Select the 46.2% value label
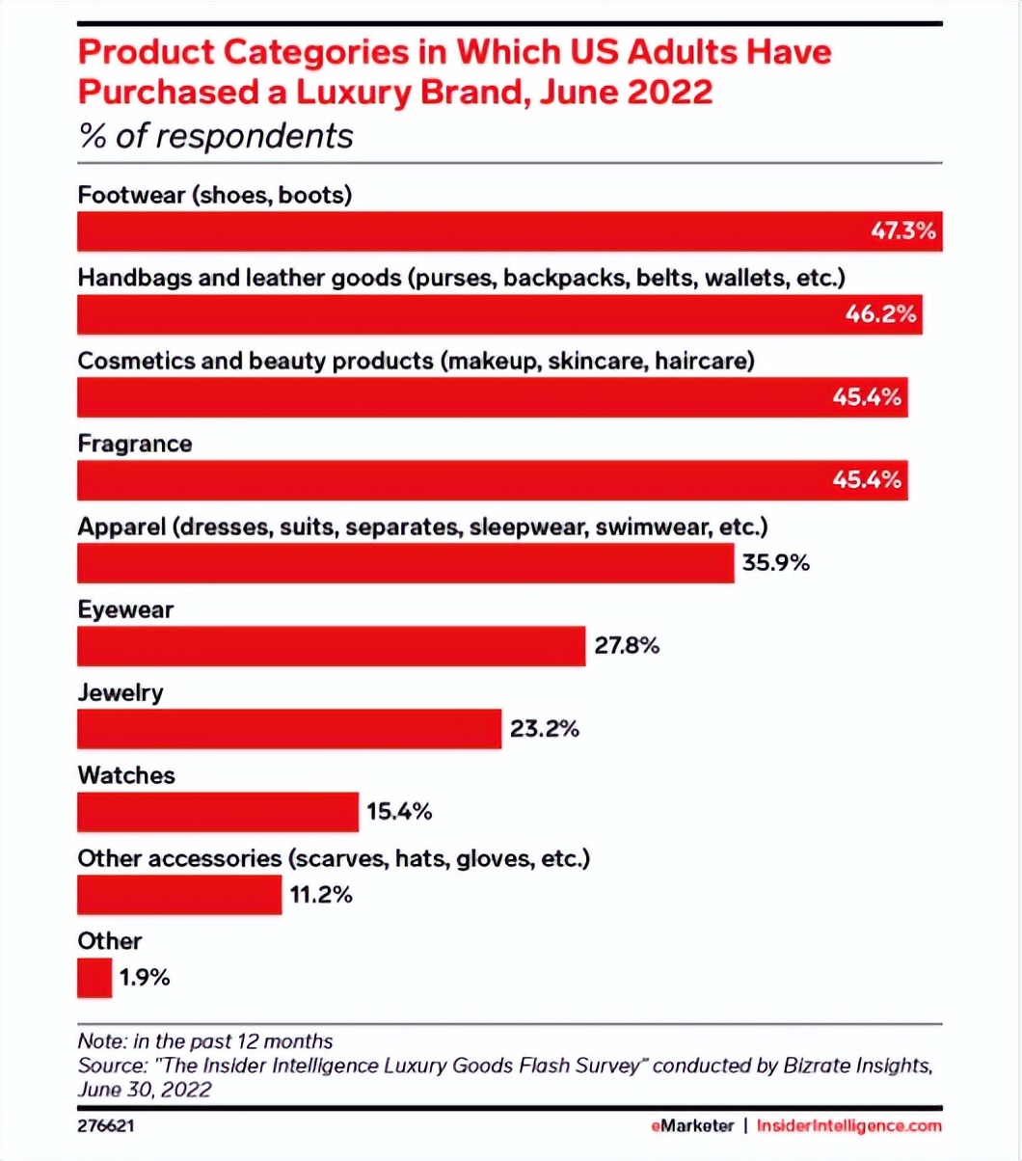coord(880,315)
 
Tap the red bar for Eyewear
coord(331,646)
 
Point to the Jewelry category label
coord(121,693)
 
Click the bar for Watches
coord(217,812)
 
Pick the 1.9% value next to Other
coord(146,978)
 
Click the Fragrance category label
coord(134,445)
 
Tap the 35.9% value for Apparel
coord(775,563)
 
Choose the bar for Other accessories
coord(179,895)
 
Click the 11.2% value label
coord(321,895)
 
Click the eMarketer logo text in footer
coord(689,1125)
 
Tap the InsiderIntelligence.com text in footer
coord(848,1125)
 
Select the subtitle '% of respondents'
coord(215,136)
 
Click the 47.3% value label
coord(902,232)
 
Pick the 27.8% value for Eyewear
coord(627,646)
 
